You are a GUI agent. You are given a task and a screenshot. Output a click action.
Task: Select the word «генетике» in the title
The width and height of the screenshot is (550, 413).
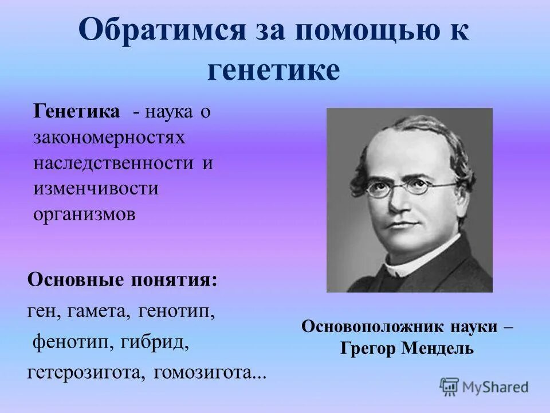[x=273, y=71]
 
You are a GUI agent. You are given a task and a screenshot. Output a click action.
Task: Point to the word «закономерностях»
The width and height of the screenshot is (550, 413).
[x=109, y=137]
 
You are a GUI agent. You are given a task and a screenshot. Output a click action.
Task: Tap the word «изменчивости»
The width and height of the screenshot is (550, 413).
[x=96, y=188]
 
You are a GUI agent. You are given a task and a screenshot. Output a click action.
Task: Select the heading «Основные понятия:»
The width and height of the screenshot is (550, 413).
[x=122, y=280]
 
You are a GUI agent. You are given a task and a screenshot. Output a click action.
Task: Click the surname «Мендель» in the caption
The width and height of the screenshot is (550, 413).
[x=441, y=348]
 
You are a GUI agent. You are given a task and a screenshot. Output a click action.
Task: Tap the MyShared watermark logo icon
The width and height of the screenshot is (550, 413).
[x=449, y=386]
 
